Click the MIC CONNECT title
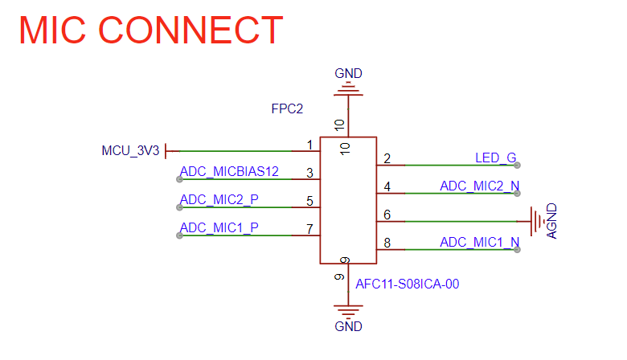tap(150, 30)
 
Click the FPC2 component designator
tap(287, 108)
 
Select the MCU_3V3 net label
tap(131, 150)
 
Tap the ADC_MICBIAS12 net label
tap(229, 171)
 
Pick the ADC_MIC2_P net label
tap(219, 199)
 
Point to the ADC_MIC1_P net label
tap(219, 227)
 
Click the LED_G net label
tap(495, 157)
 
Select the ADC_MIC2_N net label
tap(479, 186)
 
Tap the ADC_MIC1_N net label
tap(479, 242)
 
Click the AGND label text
tap(552, 221)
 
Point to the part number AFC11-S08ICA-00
tap(407, 283)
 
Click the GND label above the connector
tap(348, 74)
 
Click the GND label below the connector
tap(348, 326)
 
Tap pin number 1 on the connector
tap(309, 145)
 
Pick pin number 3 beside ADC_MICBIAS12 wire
tap(309, 173)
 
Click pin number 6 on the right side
tap(387, 215)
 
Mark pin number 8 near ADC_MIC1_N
tap(387, 243)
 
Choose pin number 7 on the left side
tap(309, 229)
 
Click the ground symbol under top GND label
tap(348, 91)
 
